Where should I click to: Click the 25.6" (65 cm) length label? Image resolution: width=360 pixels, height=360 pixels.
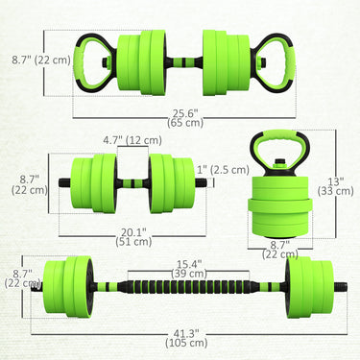pyautogui.click(x=185, y=118)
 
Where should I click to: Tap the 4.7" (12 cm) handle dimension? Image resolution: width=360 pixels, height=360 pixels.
pyautogui.click(x=132, y=140)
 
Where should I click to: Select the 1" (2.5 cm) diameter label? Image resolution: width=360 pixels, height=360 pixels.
pyautogui.click(x=223, y=170)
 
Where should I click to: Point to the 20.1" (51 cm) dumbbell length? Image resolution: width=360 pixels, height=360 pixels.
pyautogui.click(x=133, y=236)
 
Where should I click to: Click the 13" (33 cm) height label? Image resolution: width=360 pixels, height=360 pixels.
pyautogui.click(x=335, y=186)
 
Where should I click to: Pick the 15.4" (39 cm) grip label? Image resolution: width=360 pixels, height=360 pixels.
pyautogui.click(x=189, y=269)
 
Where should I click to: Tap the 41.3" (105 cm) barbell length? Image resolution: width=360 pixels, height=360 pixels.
pyautogui.click(x=186, y=338)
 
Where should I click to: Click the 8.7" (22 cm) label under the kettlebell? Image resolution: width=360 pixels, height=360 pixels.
pyautogui.click(x=280, y=250)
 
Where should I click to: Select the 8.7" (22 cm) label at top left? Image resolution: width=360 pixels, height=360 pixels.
pyautogui.click(x=41, y=60)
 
